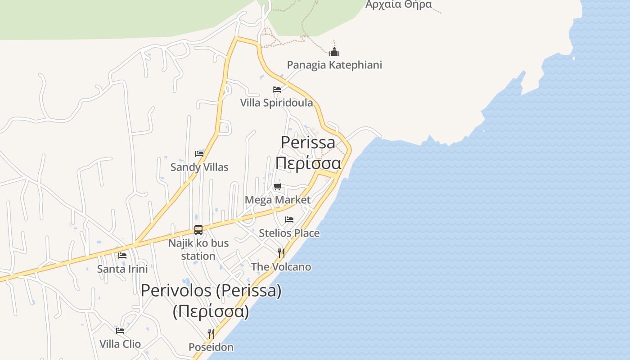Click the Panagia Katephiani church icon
pyautogui.click(x=334, y=51)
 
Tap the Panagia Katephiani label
pyautogui.click(x=334, y=65)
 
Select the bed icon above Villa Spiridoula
pyautogui.click(x=277, y=90)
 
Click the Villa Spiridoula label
pyautogui.click(x=276, y=103)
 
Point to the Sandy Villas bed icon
pyautogui.click(x=199, y=154)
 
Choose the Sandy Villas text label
pyautogui.click(x=199, y=167)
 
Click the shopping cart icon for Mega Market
pyautogui.click(x=278, y=187)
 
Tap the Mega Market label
pyautogui.click(x=277, y=200)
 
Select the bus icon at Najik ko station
pyautogui.click(x=198, y=230)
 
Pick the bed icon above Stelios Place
pyautogui.click(x=289, y=220)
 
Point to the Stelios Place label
pyautogui.click(x=289, y=233)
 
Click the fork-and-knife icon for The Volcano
pyautogui.click(x=281, y=253)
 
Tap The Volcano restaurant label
pyautogui.click(x=281, y=267)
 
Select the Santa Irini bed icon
pyautogui.click(x=122, y=256)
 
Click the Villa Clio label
pyautogui.click(x=120, y=344)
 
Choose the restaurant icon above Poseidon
pyautogui.click(x=211, y=333)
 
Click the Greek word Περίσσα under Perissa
pyautogui.click(x=308, y=163)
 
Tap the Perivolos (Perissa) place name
pyautogui.click(x=211, y=291)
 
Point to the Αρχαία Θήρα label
pyautogui.click(x=398, y=4)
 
